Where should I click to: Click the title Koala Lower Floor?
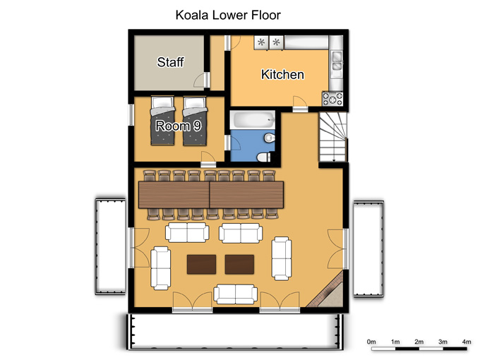228,15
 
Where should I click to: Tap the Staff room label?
171,62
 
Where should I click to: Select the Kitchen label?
282,74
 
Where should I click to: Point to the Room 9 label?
178,126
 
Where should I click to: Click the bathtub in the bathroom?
253,120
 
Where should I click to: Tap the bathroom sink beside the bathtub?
270,138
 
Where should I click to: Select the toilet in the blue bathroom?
263,157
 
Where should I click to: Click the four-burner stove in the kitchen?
332,99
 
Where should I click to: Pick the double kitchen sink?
337,61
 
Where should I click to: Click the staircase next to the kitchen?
333,137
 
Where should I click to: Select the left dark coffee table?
201,265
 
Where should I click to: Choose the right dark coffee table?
239,265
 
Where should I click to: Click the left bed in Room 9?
162,121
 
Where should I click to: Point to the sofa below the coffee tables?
235,294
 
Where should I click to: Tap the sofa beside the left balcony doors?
161,268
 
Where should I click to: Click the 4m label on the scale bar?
466,342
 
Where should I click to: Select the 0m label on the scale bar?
371,342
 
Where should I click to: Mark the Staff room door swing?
200,80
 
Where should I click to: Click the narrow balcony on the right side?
368,248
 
